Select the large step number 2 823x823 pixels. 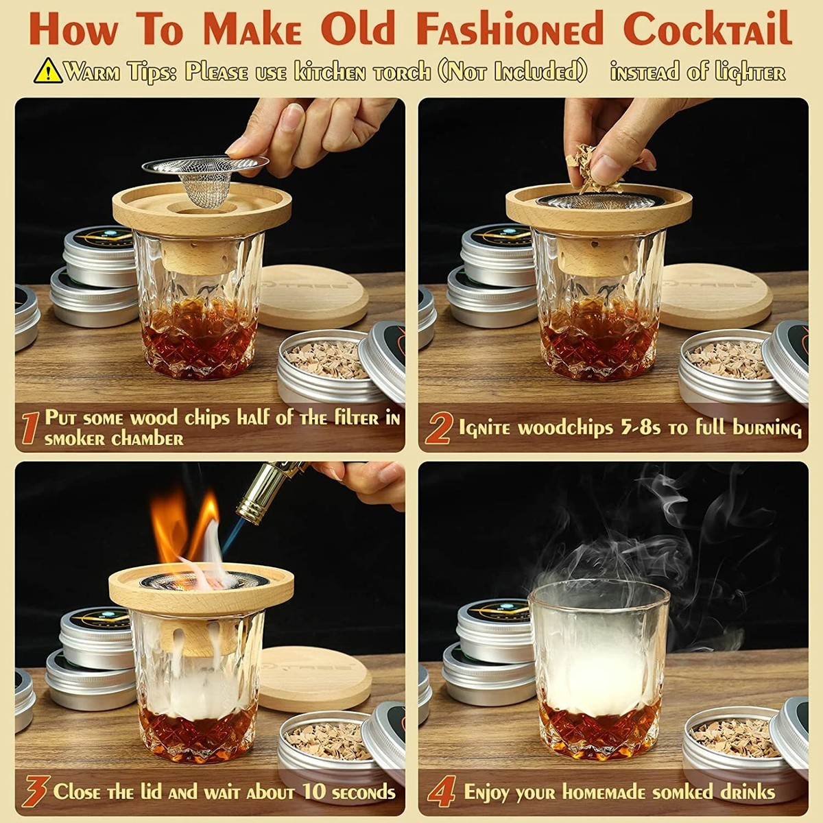click(x=438, y=427)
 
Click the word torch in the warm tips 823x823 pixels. click(x=403, y=73)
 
